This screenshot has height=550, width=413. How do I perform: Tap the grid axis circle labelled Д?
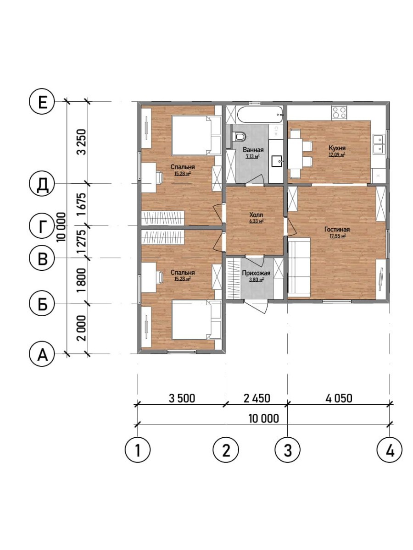42,183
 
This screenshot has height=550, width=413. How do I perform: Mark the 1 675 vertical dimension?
82,205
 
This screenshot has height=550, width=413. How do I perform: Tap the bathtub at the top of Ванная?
261,115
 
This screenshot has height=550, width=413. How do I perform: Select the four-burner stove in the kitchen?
339,112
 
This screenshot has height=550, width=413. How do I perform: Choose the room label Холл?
256,215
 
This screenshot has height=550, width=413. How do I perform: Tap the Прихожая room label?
256,273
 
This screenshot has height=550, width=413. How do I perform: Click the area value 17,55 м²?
338,236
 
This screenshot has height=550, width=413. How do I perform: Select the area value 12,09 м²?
337,154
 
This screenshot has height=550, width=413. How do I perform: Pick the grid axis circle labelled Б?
42,303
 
